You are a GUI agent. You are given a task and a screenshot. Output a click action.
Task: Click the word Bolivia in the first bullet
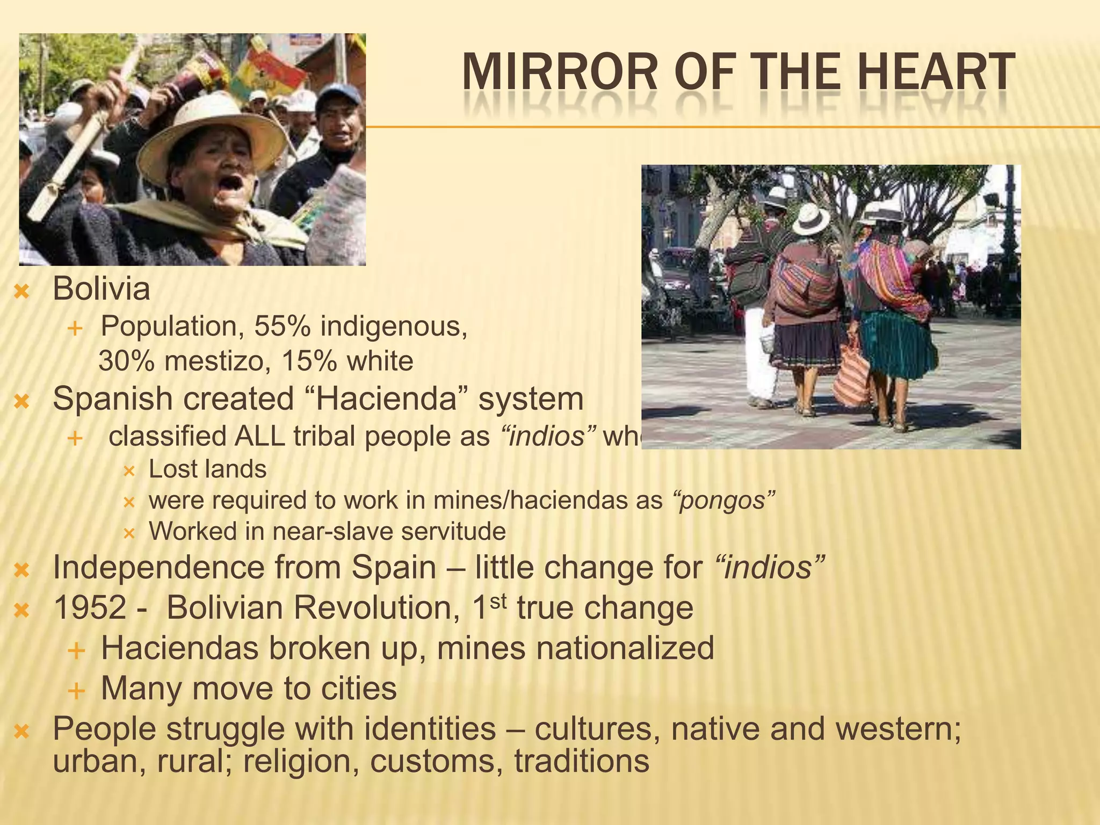[x=101, y=289]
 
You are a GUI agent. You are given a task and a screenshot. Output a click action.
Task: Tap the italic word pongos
[x=722, y=501]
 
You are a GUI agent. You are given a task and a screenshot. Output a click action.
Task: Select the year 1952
[x=90, y=608]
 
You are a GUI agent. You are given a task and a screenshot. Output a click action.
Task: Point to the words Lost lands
[x=207, y=469]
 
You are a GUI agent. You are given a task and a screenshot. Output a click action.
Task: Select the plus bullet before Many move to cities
[x=77, y=691]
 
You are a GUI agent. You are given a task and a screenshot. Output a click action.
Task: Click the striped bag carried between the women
[x=851, y=376]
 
